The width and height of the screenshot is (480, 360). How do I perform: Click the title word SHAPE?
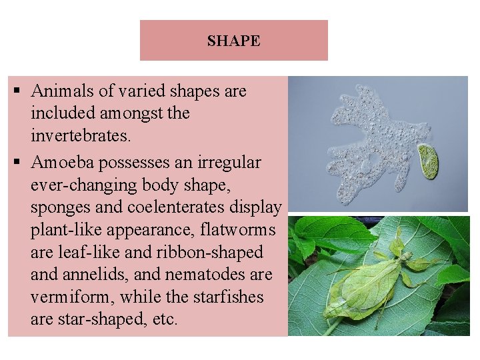point(233,41)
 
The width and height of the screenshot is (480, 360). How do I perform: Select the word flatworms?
point(237,230)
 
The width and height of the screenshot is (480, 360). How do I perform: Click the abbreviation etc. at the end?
point(164,319)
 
